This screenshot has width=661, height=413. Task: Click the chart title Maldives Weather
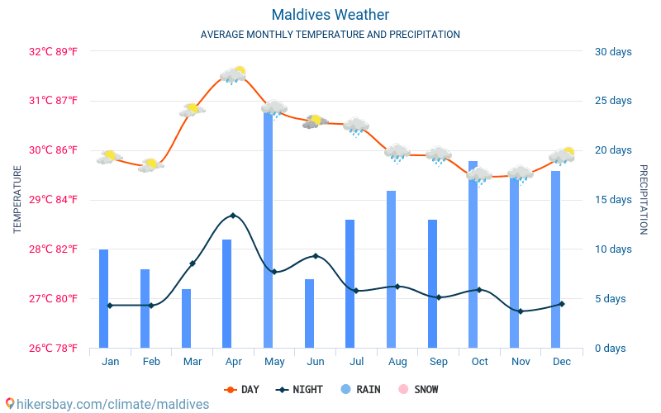coord(330,15)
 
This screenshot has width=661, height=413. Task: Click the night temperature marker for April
coord(233,216)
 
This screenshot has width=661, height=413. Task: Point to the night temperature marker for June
coord(315,256)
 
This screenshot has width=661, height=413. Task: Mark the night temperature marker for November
coord(521,311)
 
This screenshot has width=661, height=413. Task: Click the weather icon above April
coord(233,75)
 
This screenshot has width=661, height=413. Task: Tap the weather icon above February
coord(150,165)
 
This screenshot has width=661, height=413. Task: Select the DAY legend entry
coord(243,389)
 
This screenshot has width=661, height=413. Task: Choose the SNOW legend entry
coord(419,389)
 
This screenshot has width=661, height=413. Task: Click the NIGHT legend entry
coord(301,389)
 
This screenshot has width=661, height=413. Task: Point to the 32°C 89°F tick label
coord(53,51)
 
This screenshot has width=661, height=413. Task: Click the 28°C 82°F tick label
coord(53,249)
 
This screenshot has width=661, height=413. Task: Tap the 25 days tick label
coord(613,101)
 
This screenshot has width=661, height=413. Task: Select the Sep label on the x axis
coord(439,362)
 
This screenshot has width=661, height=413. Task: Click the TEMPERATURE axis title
coord(17,199)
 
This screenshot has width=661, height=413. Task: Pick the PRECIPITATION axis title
coord(644,199)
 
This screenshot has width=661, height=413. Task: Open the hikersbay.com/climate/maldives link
coord(107,404)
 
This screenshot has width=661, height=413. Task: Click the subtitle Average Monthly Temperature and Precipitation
coord(330,35)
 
